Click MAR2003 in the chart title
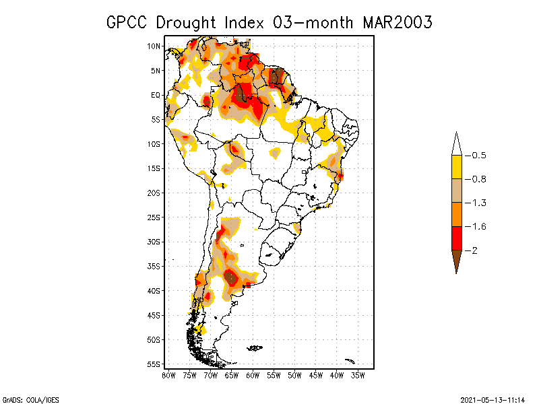tap(397, 22)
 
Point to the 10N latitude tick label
tap(154, 46)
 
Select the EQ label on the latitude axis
tap(155, 96)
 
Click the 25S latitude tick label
tap(154, 217)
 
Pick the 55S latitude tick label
tap(154, 364)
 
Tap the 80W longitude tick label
tap(168, 375)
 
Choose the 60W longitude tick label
tap(253, 375)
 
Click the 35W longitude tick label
tap(358, 375)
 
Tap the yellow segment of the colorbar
tap(456, 167)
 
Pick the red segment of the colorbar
tap(456, 238)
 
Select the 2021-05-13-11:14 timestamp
tap(493, 399)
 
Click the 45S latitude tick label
tap(154, 315)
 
